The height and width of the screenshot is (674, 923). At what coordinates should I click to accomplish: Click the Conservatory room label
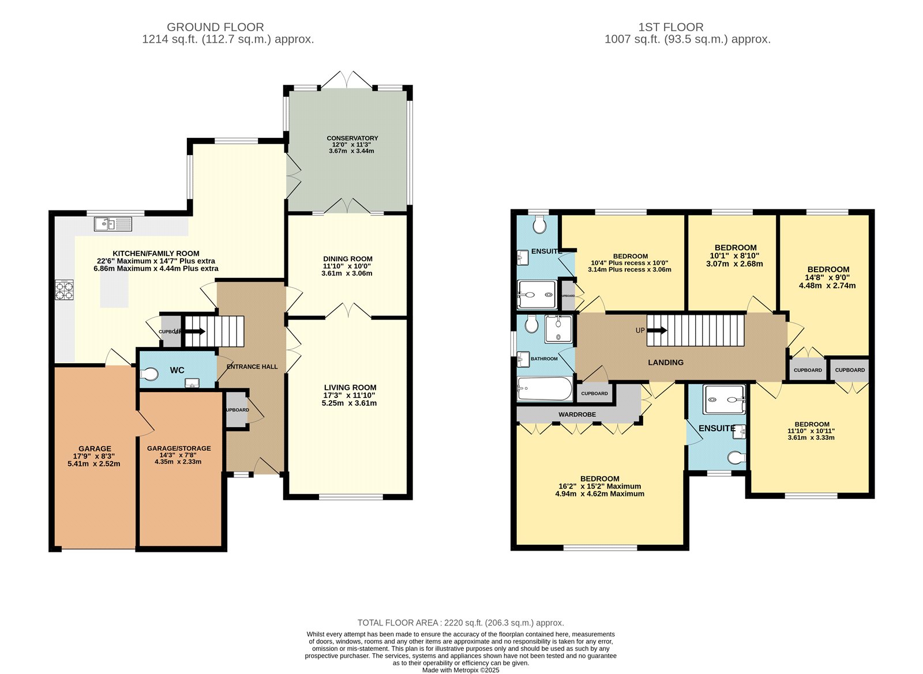(x=352, y=138)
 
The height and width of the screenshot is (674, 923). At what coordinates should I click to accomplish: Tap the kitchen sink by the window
(x=114, y=223)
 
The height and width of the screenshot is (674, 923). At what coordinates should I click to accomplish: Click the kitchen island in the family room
(x=114, y=290)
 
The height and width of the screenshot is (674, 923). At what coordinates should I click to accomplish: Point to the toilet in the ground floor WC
(x=149, y=375)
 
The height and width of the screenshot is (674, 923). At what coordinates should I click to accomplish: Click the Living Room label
(x=350, y=388)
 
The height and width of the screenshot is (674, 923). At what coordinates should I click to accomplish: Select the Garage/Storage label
(x=179, y=449)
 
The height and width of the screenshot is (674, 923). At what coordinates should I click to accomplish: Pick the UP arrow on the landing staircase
(x=656, y=330)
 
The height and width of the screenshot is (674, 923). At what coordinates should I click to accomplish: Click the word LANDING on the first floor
(x=666, y=363)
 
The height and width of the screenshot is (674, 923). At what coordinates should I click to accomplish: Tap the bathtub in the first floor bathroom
(x=545, y=389)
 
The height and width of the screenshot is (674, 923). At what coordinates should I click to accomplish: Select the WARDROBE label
(x=577, y=415)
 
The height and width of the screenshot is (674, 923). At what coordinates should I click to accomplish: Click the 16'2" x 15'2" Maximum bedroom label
(x=599, y=486)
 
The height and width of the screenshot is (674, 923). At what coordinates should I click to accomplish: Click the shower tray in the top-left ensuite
(x=536, y=295)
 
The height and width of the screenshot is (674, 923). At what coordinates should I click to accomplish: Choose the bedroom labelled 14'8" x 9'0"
(x=828, y=277)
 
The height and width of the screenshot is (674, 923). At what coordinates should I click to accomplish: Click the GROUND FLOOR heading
(x=215, y=27)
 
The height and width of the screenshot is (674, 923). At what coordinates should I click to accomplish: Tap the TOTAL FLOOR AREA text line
(x=460, y=623)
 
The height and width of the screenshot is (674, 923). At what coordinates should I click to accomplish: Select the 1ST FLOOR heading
(x=670, y=27)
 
